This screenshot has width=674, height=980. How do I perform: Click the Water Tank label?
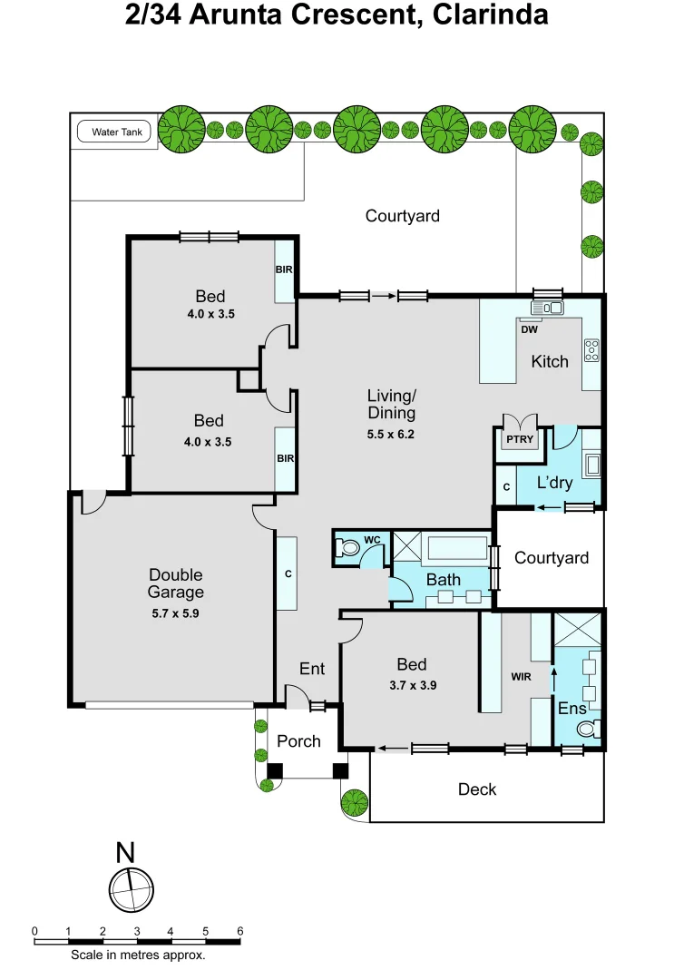117,132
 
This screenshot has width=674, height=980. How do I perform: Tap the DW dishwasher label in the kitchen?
530,329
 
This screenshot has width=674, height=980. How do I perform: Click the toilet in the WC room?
347,548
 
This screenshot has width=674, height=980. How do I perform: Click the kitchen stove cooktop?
591,349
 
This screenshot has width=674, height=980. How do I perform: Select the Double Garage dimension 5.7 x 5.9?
176,612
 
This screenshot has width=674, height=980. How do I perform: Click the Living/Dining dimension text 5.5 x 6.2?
391,434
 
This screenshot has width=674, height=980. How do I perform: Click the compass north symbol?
132,885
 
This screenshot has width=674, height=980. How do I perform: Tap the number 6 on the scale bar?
239,931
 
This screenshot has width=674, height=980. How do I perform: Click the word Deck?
476,789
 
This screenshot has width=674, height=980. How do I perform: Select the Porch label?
298,741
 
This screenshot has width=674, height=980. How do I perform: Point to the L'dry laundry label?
554,483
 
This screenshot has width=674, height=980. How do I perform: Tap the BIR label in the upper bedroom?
284,269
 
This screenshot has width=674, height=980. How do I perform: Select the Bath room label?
443,580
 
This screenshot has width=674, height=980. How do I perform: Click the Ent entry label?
311,669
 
